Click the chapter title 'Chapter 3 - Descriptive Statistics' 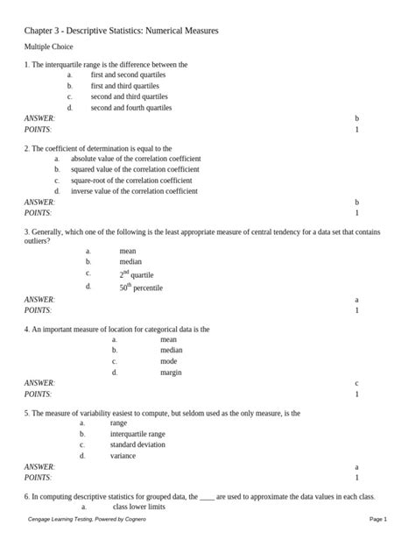coord(121,31)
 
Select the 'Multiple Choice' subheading coord(49,46)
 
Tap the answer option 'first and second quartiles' coord(130,75)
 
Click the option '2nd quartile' coord(137,273)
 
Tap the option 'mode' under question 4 coord(168,361)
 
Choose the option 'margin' coord(171,373)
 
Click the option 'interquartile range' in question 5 coord(137,434)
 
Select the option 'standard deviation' coord(137,444)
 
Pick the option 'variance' coord(123,456)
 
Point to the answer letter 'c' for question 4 coord(356,383)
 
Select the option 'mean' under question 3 coord(127,251)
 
